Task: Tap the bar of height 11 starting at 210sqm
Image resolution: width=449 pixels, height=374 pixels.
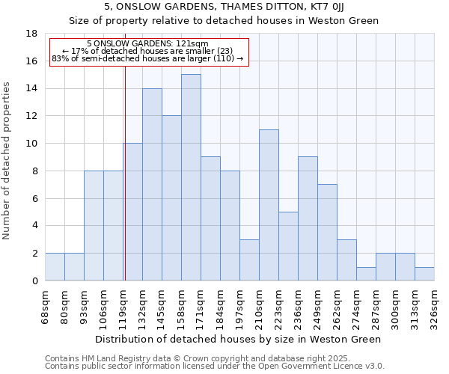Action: pyautogui.click(x=269, y=205)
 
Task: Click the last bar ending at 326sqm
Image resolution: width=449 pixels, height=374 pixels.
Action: pyautogui.click(x=424, y=274)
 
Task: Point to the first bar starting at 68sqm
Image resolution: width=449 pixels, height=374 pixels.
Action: pyautogui.click(x=55, y=267)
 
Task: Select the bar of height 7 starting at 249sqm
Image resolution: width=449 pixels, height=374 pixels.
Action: pyautogui.click(x=327, y=233)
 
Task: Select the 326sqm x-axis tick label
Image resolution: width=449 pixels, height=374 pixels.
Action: pyautogui.click(x=435, y=304)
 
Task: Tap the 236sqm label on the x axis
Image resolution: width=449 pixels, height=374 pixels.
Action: pyautogui.click(x=299, y=304)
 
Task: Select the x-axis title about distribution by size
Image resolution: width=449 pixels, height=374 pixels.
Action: pyautogui.click(x=239, y=339)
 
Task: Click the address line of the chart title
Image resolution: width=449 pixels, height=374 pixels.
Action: pyautogui.click(x=224, y=6)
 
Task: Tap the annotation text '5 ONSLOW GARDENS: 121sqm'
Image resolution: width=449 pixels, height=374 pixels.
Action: pyautogui.click(x=147, y=43)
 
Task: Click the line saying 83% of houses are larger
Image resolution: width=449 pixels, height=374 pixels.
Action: pyautogui.click(x=147, y=58)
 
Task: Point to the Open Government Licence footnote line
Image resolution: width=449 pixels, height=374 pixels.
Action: pyautogui.click(x=214, y=367)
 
